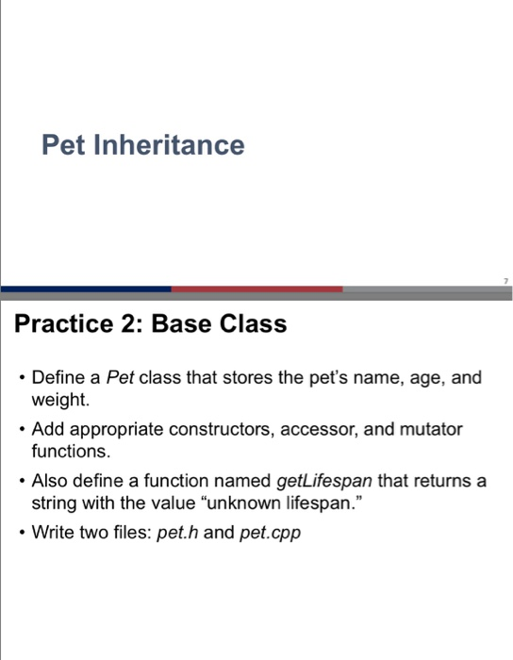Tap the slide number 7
505,280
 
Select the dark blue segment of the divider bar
86,289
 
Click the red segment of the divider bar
256,289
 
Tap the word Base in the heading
182,325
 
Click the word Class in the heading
254,325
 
